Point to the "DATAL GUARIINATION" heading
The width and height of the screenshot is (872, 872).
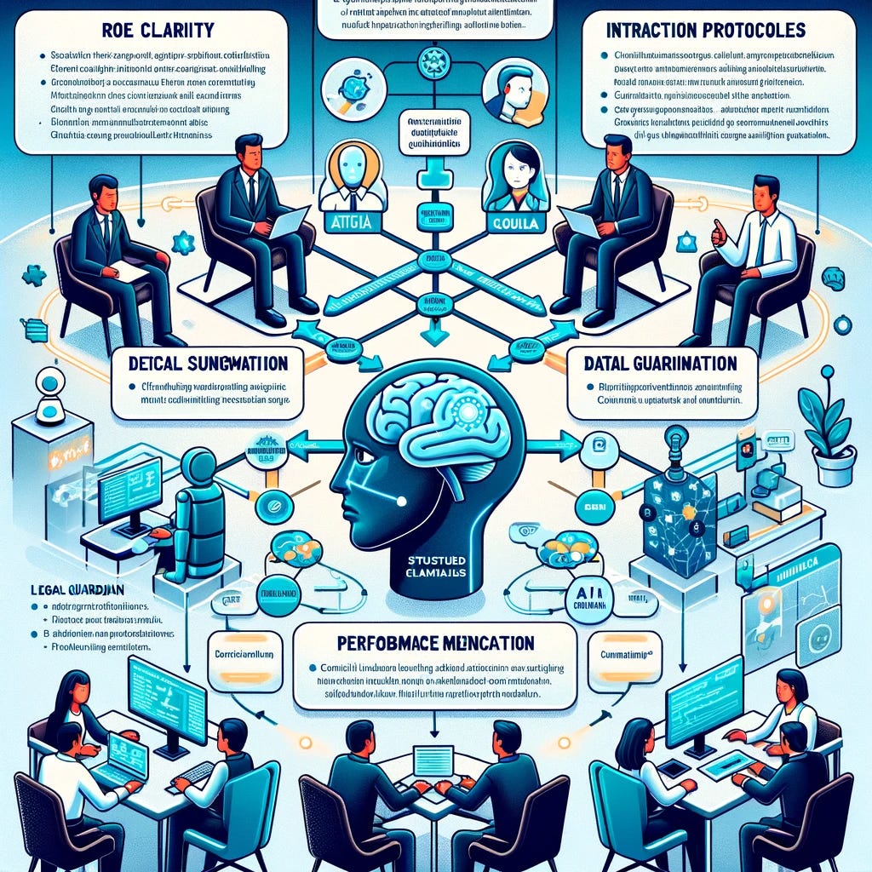click(x=662, y=364)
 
